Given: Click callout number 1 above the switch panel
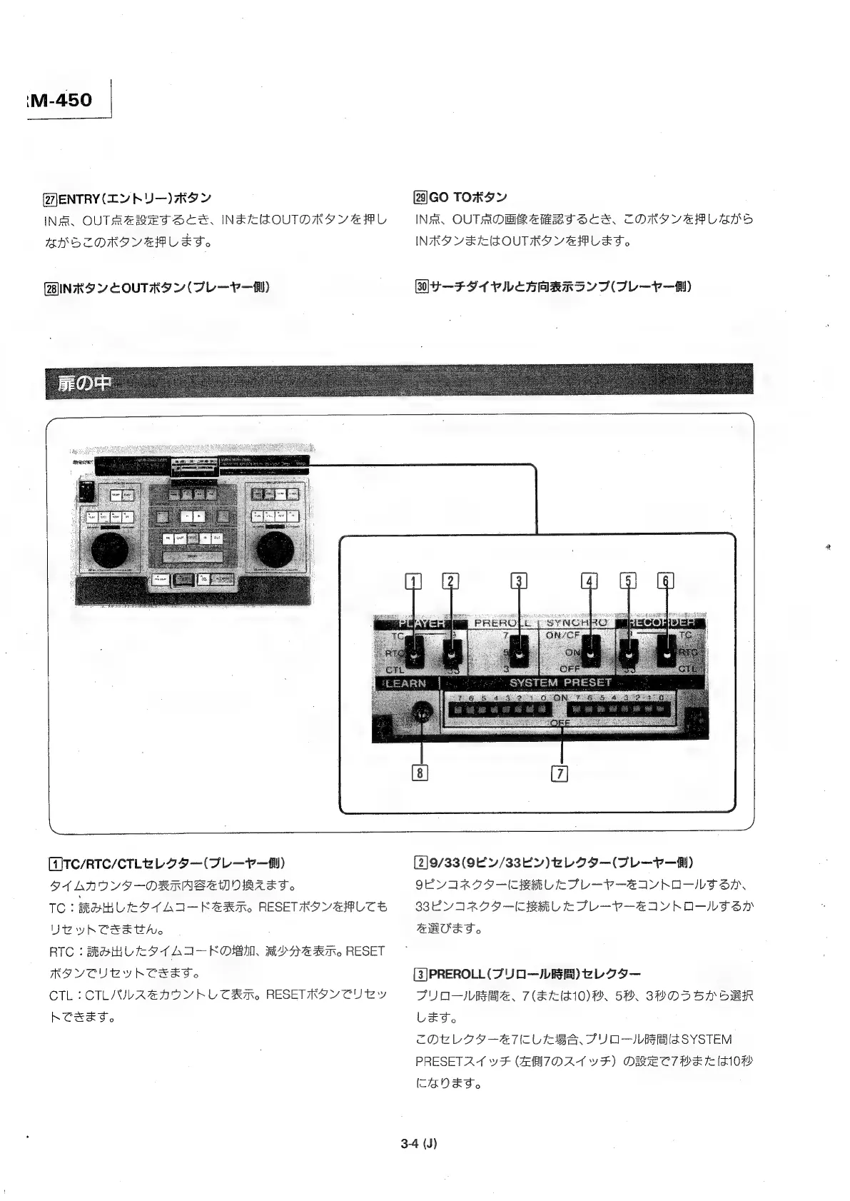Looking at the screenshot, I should [411, 581].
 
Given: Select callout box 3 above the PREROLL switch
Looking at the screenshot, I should [520, 581].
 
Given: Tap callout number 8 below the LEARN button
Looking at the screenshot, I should [420, 773].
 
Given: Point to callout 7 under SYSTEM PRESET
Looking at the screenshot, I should [560, 773].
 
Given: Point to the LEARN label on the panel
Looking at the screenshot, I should [405, 683].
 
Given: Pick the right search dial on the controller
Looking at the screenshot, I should [278, 549].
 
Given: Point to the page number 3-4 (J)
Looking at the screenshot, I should [419, 1143].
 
